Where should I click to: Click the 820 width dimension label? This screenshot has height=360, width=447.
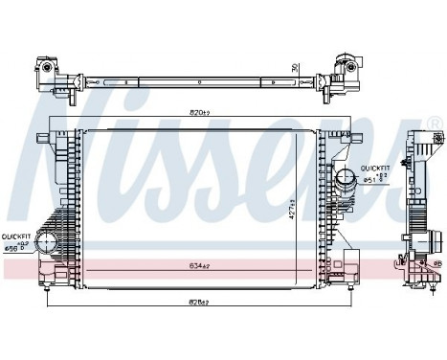click(x=198, y=112)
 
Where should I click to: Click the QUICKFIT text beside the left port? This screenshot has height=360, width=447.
click(x=16, y=235)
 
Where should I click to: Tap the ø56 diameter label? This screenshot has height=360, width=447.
click(x=13, y=248)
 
